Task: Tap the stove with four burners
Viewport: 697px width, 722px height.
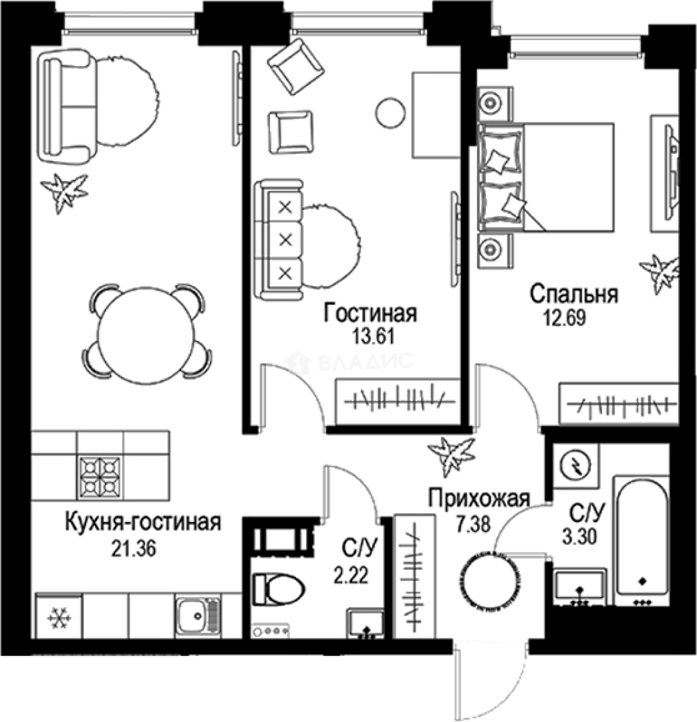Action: [x=100, y=475]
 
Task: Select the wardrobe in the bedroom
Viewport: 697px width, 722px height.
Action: [x=618, y=404]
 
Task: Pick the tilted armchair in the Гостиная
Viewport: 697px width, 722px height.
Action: [x=295, y=62]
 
